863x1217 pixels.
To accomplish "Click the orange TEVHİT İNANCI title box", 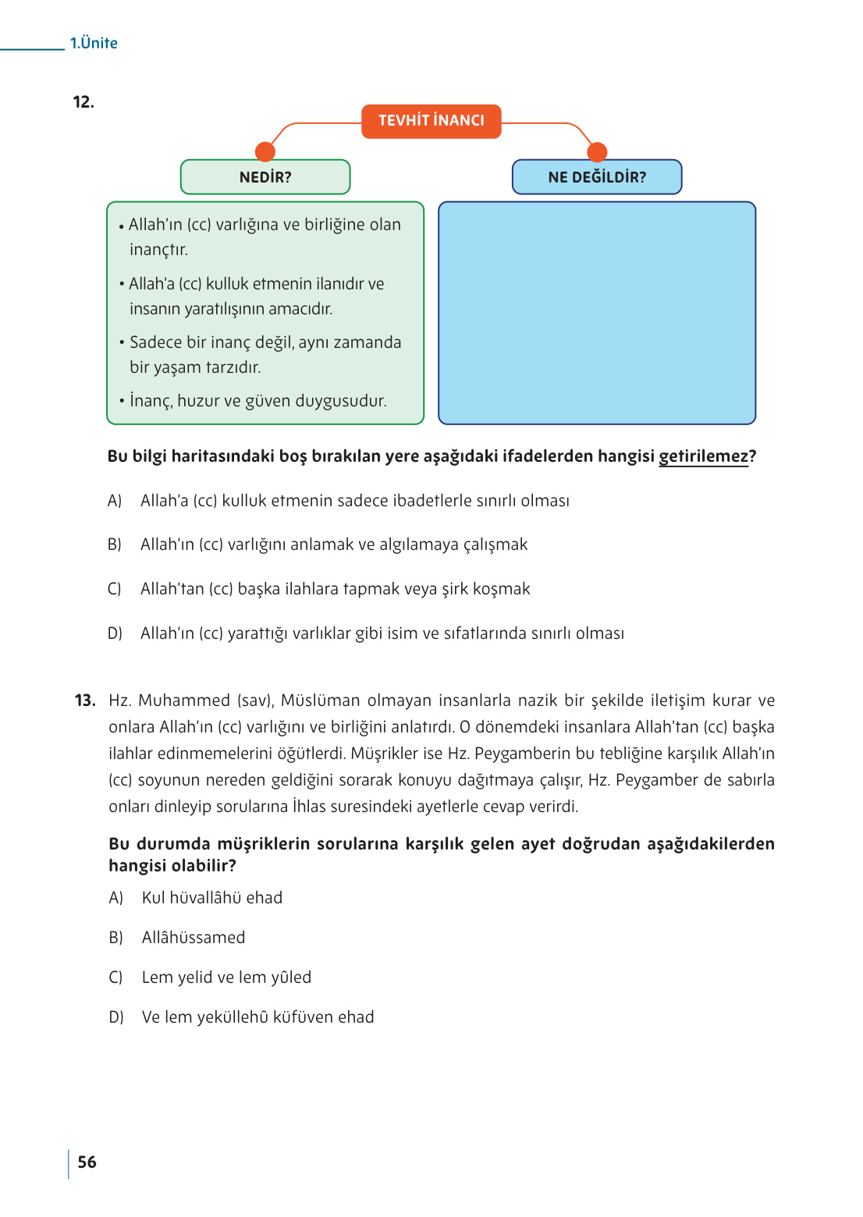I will [431, 121].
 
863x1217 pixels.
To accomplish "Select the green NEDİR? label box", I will [265, 177].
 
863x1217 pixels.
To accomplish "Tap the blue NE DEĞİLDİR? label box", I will [597, 177].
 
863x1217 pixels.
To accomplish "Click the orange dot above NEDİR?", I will [265, 151].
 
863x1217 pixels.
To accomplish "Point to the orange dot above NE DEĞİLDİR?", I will [597, 151].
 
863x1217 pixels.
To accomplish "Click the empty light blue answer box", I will [597, 313].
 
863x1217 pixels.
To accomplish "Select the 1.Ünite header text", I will [94, 44].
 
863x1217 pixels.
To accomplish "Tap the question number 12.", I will [83, 102].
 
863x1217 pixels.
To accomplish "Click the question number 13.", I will [85, 701].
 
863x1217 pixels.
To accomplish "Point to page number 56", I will [87, 1162].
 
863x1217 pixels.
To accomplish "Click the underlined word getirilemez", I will [703, 456].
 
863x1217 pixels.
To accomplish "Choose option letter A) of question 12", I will [115, 501].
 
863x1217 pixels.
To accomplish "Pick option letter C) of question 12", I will [115, 589].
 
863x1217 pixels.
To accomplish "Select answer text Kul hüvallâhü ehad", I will [212, 898].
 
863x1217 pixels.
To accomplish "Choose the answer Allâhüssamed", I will [194, 938].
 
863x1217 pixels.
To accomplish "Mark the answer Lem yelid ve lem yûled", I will [226, 978].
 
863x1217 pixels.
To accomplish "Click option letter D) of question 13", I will [116, 1017].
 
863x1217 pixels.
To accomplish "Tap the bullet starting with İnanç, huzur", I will [257, 401].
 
